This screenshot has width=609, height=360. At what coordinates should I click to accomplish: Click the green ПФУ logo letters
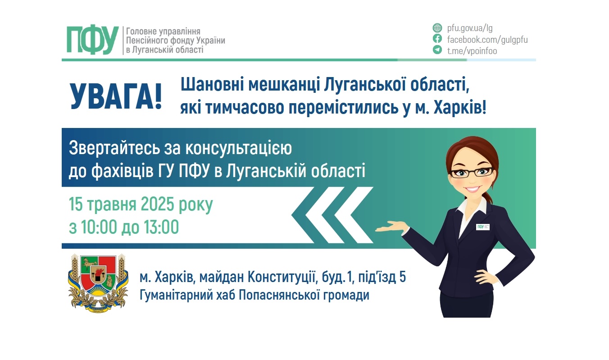point(92,41)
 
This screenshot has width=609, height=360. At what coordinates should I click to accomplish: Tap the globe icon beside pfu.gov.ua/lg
point(437,28)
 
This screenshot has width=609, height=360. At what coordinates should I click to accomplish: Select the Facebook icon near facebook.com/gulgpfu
point(437,39)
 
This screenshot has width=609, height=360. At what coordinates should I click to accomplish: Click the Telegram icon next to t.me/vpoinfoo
point(437,50)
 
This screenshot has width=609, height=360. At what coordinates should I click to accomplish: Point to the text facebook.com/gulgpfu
point(487,39)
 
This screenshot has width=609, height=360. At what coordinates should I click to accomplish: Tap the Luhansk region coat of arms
point(98,283)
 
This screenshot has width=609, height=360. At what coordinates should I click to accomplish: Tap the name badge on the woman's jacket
point(483,227)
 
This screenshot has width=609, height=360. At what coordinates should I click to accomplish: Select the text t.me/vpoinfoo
point(472,51)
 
